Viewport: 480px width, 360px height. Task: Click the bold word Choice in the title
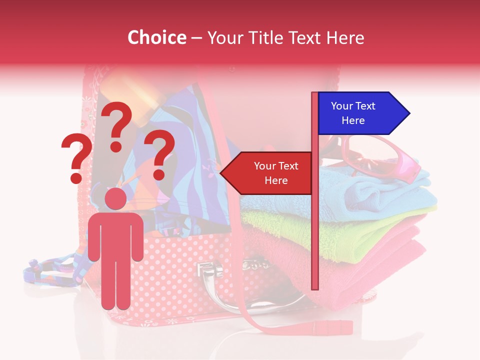click(156, 38)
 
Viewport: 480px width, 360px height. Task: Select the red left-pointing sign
click(267, 173)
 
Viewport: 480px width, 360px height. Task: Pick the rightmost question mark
click(159, 154)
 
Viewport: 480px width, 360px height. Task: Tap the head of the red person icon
click(115, 199)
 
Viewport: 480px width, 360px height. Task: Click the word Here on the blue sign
click(353, 120)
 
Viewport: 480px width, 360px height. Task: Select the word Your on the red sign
click(264, 166)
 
